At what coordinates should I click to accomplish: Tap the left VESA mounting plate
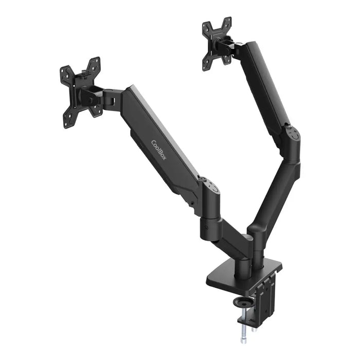80,93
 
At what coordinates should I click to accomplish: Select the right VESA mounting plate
217,44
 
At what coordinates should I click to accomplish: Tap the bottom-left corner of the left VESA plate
67,124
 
